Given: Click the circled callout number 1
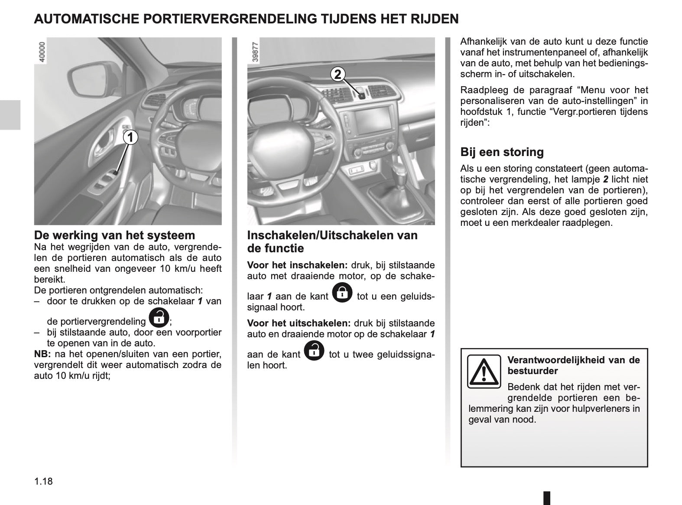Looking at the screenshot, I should pos(129,137).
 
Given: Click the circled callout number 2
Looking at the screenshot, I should pos(338,75).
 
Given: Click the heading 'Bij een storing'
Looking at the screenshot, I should pos(502,152).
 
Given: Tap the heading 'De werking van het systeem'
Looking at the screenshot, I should pos(114,235).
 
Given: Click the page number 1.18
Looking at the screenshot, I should pos(43,481).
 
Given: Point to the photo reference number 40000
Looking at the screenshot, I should pos(42,53).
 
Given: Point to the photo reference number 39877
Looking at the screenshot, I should pos(255,53).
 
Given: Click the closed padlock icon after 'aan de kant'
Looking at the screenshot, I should pos(342,293).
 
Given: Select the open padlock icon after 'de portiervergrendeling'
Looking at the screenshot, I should pos(159,318).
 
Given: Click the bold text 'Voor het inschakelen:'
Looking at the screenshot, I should pos(297,265).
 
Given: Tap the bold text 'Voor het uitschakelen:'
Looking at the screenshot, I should pos(299,323).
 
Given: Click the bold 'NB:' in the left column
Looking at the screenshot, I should pos(42,354).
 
